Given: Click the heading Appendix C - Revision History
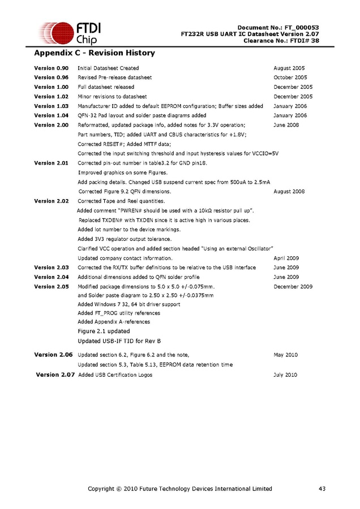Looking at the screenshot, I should pos(94,53).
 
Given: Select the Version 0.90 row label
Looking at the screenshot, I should pos(52,68).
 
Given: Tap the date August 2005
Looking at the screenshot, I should pos(289,68).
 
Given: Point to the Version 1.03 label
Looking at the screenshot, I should pos(52,106).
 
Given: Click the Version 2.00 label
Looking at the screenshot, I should pos(52,125).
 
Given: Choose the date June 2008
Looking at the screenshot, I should pos(286,125).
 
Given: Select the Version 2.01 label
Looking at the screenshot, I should pos(52,163).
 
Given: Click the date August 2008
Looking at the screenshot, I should pos(289,192).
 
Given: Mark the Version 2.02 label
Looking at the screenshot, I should pos(52,201).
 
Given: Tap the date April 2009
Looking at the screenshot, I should pos(286,258).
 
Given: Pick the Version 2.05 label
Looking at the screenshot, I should pos(52,287).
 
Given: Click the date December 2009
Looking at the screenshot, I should pos(293,287).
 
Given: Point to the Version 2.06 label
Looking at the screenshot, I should pos(54,355).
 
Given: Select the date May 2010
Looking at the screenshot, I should pos(285,355).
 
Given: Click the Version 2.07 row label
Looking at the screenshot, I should pos(55,374).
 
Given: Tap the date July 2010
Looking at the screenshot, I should pos(285,374).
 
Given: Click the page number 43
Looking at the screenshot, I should pos(322,489).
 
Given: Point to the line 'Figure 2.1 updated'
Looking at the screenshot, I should pos(104,331).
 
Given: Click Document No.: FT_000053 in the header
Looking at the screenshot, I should pos(278,28).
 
